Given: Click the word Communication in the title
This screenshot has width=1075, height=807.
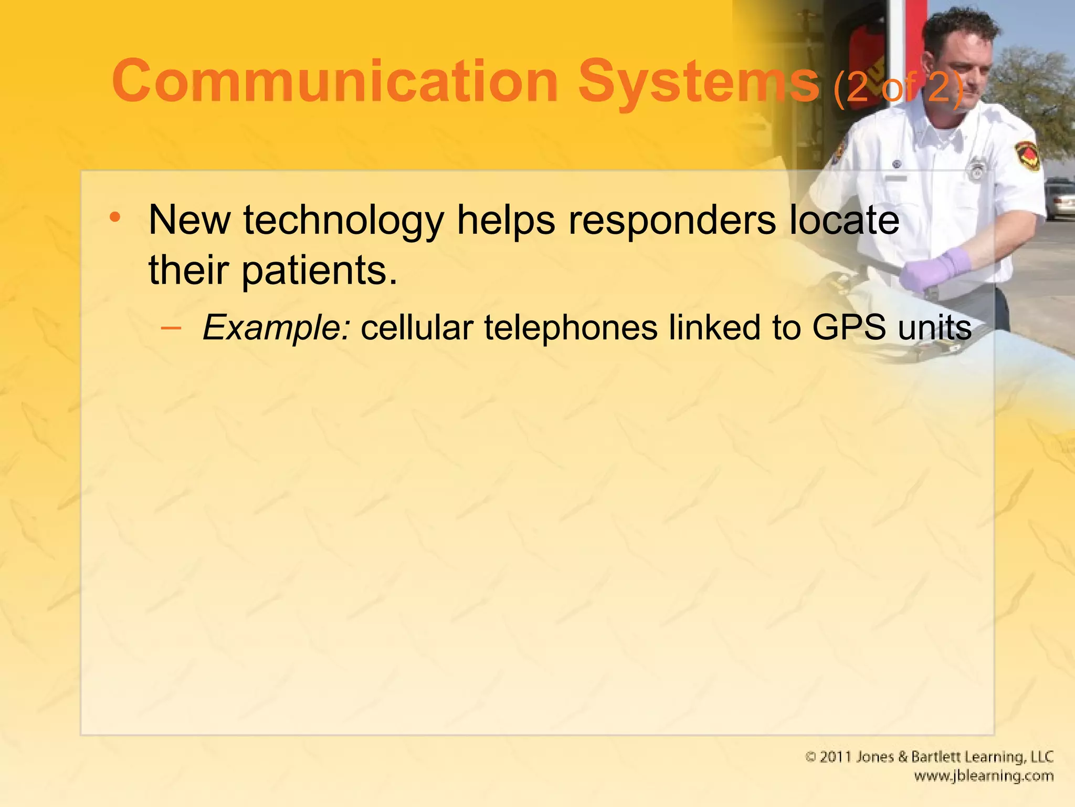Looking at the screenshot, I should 335,82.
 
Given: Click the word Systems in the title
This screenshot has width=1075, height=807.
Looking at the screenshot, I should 698,82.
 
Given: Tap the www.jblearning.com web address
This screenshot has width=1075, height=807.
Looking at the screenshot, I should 983,776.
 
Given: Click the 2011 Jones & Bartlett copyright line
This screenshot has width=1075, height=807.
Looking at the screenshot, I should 929,757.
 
